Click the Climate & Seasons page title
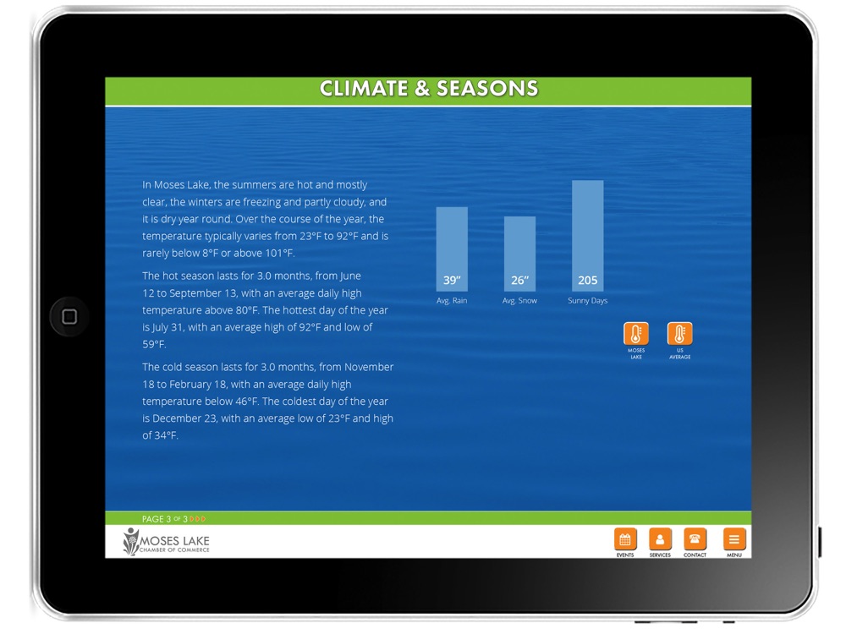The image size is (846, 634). click(428, 89)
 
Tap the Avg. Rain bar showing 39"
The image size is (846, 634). click(452, 249)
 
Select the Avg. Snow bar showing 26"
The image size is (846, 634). click(519, 254)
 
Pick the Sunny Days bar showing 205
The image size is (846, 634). click(588, 236)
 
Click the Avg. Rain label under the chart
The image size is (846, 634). click(452, 301)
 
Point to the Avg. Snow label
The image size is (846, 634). click(519, 301)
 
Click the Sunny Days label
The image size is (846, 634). click(588, 301)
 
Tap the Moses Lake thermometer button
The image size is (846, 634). click(636, 334)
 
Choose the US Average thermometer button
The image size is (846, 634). click(680, 334)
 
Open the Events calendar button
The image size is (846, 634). click(625, 538)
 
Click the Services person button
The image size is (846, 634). click(660, 538)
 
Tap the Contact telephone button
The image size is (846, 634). click(695, 538)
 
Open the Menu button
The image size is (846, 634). click(734, 538)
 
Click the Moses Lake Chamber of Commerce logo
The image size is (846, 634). click(166, 541)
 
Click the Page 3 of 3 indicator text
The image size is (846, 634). click(165, 519)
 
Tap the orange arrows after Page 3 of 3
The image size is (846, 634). click(198, 519)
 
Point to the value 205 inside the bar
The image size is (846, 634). click(588, 281)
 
